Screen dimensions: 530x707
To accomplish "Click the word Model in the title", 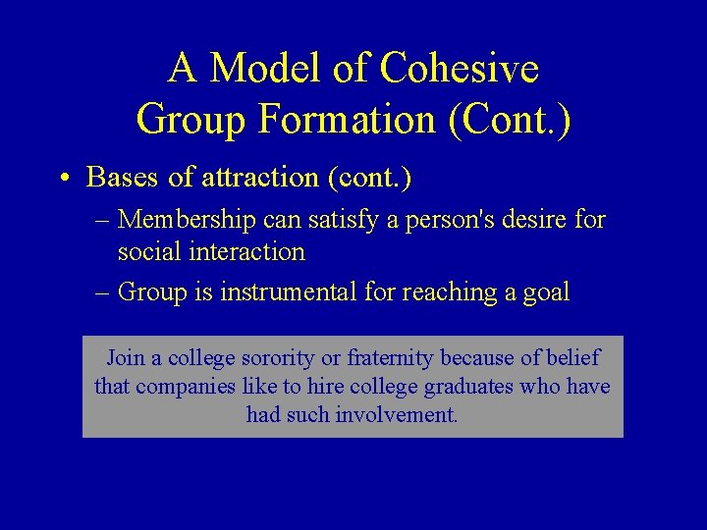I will (x=257, y=69).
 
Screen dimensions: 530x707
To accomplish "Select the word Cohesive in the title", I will (x=460, y=69).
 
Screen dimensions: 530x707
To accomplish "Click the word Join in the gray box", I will (x=125, y=358).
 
